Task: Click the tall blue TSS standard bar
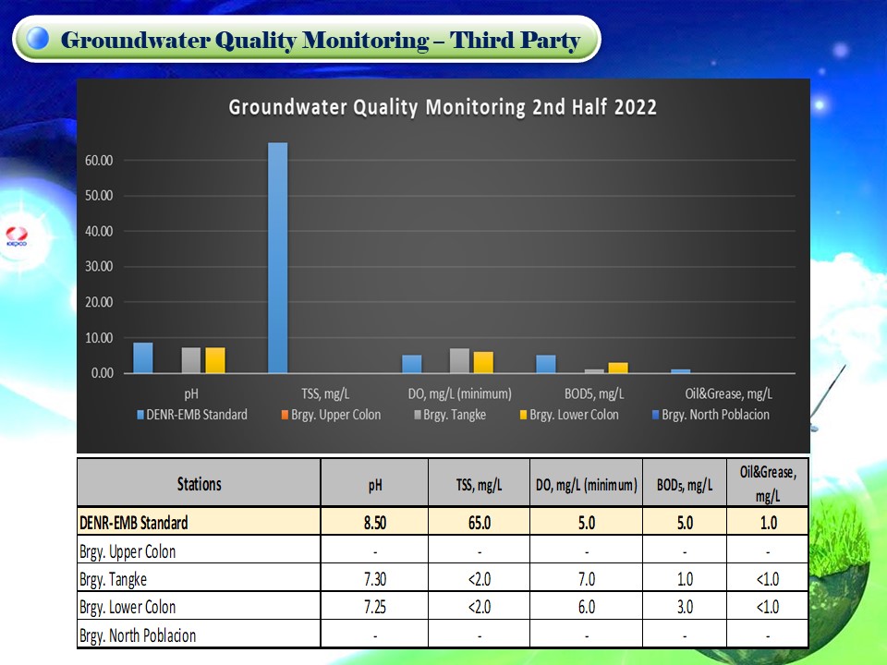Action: click(x=277, y=258)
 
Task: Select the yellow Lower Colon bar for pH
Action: click(x=215, y=360)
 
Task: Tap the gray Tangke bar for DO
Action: click(x=459, y=361)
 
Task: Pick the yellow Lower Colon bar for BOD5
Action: click(x=618, y=368)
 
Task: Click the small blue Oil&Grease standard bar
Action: click(x=681, y=371)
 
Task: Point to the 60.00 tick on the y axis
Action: click(x=99, y=161)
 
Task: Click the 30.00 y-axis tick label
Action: click(x=99, y=266)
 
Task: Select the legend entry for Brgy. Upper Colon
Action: click(x=331, y=415)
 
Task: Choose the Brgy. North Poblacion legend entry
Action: click(x=711, y=415)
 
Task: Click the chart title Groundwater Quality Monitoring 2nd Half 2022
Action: click(x=443, y=107)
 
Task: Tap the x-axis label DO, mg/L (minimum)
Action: click(x=459, y=393)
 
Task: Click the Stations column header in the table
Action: click(x=200, y=484)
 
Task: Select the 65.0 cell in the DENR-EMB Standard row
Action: click(x=480, y=523)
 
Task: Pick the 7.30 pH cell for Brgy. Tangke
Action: click(x=375, y=579)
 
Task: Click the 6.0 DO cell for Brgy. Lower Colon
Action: click(x=587, y=607)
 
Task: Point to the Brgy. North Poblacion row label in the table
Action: click(x=138, y=635)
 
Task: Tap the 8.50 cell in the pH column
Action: click(x=375, y=523)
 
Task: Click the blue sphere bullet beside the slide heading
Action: click(x=38, y=39)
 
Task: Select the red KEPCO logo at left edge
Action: click(x=17, y=236)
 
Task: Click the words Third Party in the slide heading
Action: click(x=515, y=40)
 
